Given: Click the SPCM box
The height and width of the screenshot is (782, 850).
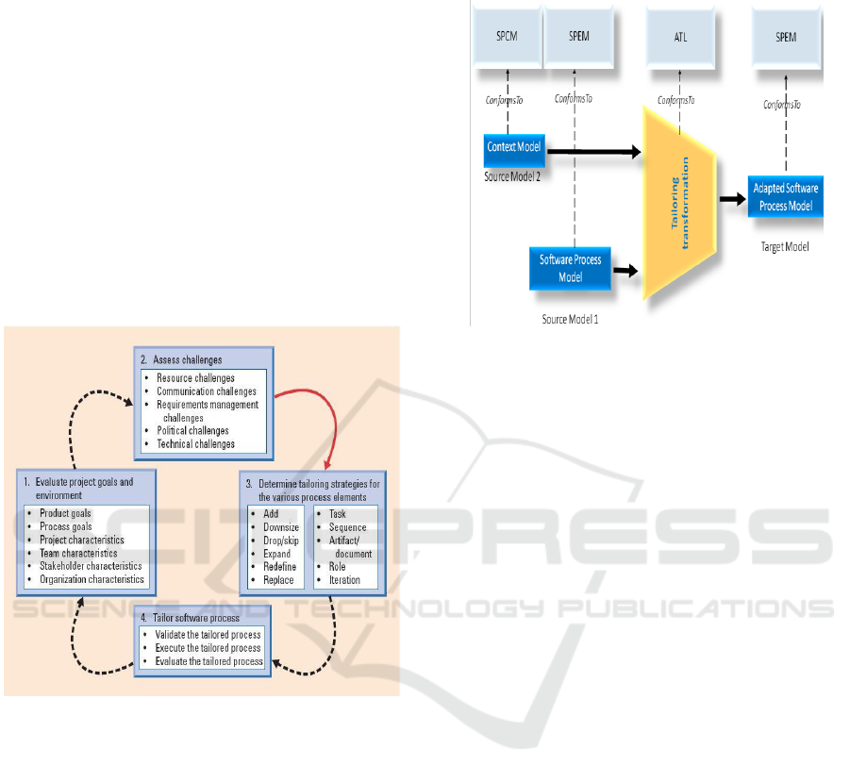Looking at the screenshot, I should point(508,39).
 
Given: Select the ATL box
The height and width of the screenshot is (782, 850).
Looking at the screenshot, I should point(679,39).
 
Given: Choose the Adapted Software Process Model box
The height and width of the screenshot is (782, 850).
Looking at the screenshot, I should point(786,194).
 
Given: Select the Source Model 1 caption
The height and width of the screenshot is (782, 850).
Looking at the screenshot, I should point(570,319).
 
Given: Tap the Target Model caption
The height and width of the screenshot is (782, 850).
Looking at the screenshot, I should point(786,246).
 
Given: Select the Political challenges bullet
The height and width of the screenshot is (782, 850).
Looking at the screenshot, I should point(192,431).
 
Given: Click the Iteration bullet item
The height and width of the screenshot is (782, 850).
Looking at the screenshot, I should point(344,580).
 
